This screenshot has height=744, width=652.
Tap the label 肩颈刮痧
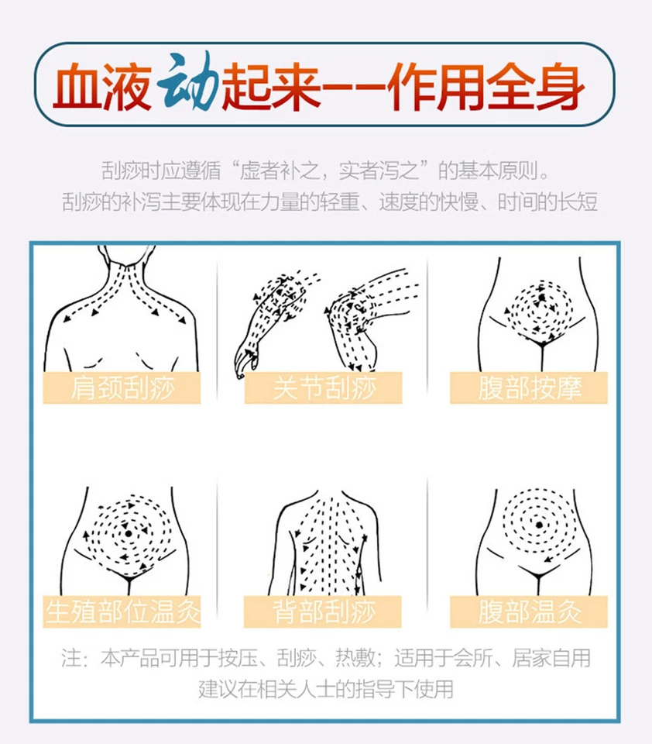(121, 387)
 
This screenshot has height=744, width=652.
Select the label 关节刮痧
(324, 387)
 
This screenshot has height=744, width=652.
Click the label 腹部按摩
(529, 387)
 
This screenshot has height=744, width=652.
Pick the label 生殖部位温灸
(122, 611)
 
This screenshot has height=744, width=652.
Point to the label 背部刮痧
(324, 611)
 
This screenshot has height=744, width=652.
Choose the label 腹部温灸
(529, 611)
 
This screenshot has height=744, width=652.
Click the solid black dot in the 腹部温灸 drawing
(539, 525)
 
